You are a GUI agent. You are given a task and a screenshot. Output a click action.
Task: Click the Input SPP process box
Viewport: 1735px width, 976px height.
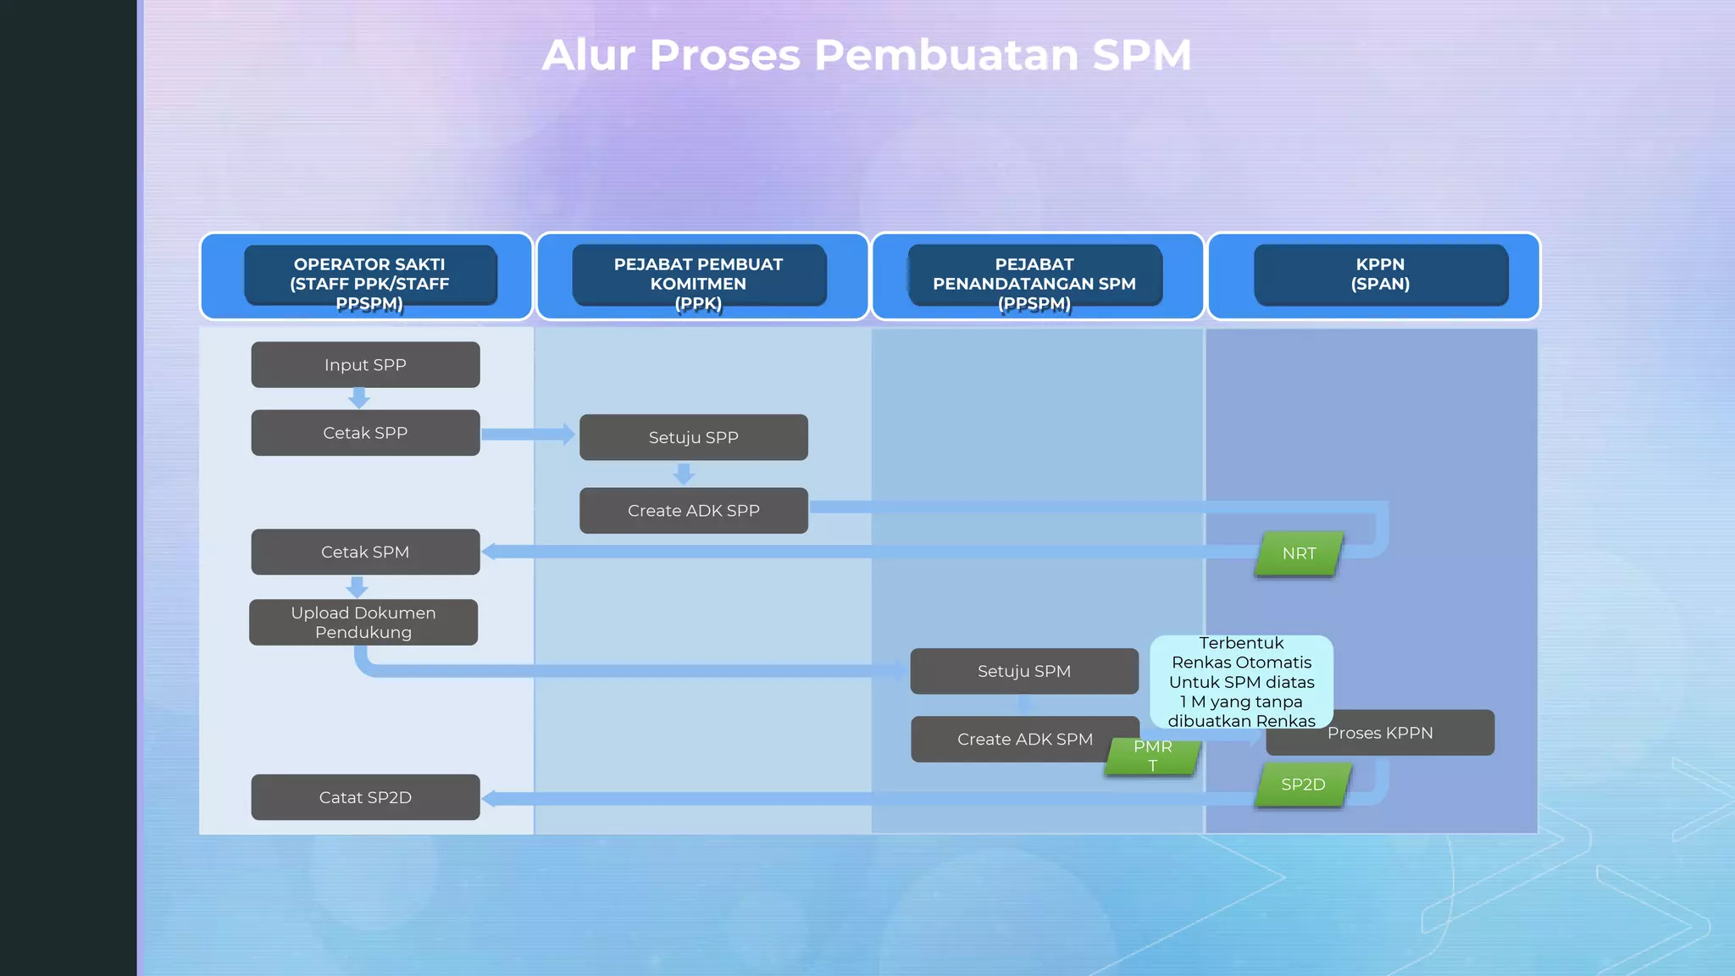click(365, 365)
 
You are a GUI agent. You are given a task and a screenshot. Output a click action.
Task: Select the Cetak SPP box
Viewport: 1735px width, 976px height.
click(365, 433)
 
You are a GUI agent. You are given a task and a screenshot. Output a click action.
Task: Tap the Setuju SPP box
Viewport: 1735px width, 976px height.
click(693, 438)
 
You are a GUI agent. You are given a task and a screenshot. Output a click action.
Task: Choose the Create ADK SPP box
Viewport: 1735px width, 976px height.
click(693, 511)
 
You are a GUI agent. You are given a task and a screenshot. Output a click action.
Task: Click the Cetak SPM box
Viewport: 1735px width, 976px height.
click(365, 552)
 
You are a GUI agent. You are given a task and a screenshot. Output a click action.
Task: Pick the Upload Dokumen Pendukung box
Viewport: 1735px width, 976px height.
click(363, 623)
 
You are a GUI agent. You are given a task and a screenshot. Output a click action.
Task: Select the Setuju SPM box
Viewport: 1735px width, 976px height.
click(1024, 671)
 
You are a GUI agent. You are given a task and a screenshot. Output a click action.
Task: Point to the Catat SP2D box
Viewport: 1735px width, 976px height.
click(365, 797)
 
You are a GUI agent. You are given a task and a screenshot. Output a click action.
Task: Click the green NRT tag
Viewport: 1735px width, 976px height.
click(1299, 554)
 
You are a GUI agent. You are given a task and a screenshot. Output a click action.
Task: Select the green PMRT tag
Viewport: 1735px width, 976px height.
click(1152, 757)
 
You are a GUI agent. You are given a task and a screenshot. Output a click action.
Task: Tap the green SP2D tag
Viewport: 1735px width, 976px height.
click(1303, 785)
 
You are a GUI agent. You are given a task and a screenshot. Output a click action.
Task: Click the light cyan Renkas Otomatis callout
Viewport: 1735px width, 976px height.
click(1241, 681)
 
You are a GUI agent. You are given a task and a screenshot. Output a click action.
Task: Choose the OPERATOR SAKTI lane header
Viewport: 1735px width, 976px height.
click(369, 276)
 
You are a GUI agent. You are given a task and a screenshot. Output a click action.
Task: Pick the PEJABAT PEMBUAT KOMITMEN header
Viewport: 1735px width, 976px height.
click(699, 276)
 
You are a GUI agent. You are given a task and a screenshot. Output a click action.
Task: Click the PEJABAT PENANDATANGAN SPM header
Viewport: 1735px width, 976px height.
click(1034, 276)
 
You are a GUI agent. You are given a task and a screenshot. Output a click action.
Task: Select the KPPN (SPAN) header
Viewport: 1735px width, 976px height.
click(1380, 274)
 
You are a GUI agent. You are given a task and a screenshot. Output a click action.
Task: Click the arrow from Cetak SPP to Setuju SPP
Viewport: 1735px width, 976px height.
click(528, 435)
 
